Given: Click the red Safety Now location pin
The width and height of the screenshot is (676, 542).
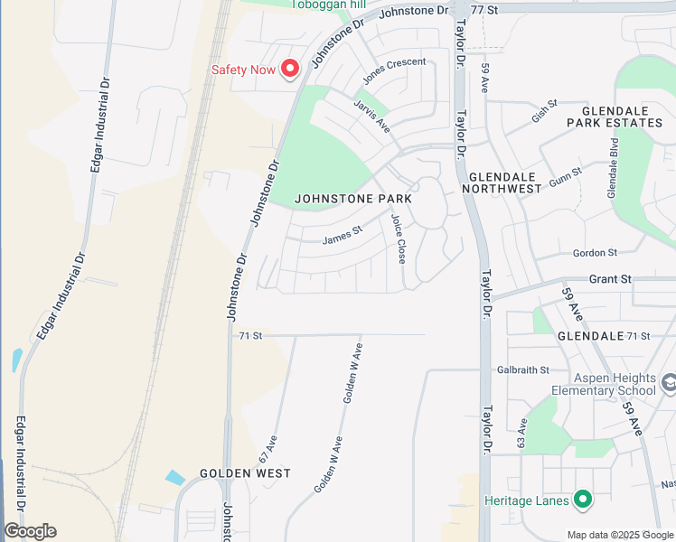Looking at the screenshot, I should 290,68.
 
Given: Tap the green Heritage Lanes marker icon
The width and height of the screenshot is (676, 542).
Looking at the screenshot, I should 583,499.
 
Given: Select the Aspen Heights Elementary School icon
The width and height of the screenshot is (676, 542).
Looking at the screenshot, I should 669,383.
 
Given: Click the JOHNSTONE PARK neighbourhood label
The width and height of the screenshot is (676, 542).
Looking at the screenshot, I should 353,199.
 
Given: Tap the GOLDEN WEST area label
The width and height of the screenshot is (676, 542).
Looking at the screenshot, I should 245,473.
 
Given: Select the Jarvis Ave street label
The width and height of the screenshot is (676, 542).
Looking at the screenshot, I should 371,117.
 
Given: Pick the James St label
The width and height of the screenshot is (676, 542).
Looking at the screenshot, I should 342,235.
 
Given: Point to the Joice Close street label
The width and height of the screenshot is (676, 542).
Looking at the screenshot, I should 398,238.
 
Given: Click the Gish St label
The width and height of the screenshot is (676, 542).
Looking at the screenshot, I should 546,112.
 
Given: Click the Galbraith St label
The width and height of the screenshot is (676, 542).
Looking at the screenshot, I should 523,370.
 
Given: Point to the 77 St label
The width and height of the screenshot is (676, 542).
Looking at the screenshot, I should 485,8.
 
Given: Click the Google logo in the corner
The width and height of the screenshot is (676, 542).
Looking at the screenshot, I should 30,531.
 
